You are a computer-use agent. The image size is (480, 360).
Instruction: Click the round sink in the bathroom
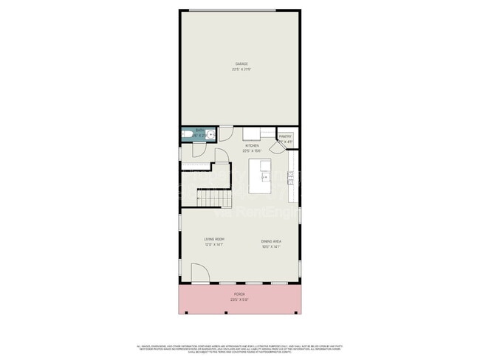click(x=210, y=135)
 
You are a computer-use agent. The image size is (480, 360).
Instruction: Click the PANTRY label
click(x=285, y=136)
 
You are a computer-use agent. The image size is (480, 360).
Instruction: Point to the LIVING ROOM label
click(x=214, y=240)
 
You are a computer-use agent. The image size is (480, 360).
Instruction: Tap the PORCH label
click(x=239, y=294)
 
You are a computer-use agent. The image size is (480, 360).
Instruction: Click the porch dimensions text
click(x=239, y=300)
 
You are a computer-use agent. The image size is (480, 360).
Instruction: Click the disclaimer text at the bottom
click(x=239, y=347)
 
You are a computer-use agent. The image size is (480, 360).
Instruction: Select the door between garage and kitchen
click(x=227, y=134)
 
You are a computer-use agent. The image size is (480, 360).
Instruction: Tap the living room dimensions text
click(x=214, y=246)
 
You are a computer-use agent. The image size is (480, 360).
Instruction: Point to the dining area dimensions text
click(x=270, y=247)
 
